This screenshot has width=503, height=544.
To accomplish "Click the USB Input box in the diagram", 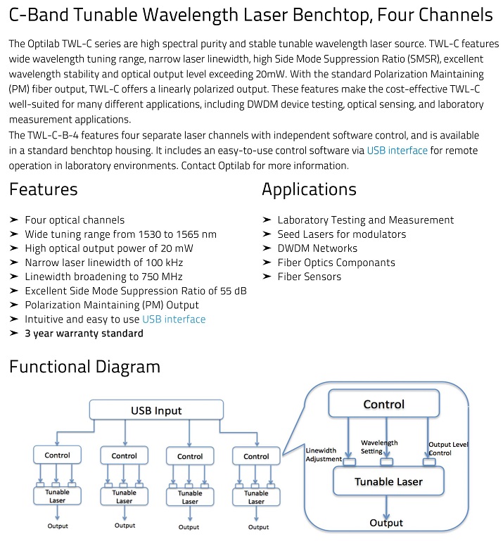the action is coord(156,410).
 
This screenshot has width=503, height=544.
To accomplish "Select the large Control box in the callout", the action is coord(383,403).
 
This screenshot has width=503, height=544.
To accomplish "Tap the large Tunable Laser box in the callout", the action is coord(388,481).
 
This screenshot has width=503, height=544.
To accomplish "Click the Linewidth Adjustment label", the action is coord(324,455).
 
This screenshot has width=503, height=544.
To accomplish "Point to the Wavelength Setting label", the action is coord(378,447).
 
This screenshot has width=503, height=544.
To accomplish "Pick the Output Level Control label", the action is coord(448,448).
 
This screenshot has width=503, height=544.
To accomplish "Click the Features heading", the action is coord(44,189).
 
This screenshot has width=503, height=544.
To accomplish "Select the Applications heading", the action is coord(309,189).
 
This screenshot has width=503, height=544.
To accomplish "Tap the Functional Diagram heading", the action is coord(84,367).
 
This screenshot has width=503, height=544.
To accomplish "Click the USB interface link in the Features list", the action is coord(174,320).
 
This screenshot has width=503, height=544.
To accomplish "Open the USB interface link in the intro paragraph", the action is coord(397,151).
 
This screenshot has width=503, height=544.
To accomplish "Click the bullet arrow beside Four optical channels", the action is coord(13,220).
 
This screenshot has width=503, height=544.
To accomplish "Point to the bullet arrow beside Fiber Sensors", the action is coord(267,277).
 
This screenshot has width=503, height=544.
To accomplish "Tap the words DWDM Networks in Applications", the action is coord(317,248).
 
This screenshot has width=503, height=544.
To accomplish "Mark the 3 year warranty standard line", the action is coord(84,334).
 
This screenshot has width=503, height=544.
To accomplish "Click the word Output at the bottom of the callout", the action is coord(386,523).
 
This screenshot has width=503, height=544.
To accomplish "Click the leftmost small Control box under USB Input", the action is coord(57,455).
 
